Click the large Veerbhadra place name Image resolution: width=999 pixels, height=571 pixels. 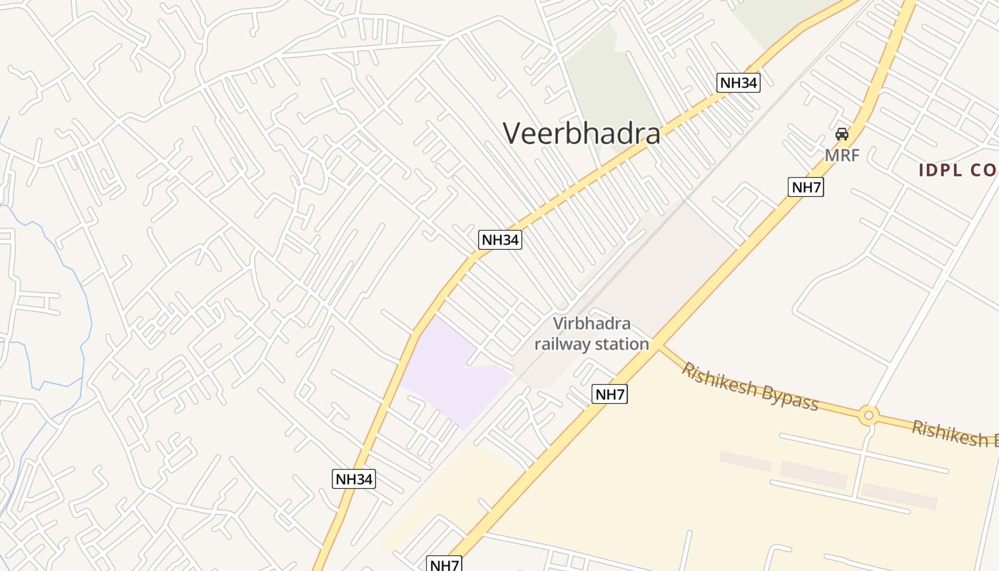581,133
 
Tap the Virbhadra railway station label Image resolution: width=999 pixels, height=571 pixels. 592,334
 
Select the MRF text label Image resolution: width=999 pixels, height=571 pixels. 842,155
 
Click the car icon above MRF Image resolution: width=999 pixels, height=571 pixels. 842,134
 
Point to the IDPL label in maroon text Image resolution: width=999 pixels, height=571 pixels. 957,171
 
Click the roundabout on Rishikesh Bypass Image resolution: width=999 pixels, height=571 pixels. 868,415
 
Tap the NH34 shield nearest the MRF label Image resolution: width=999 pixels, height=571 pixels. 738,83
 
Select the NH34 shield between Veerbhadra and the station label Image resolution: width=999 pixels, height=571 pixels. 499,240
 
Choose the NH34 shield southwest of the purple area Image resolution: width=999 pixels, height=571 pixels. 354,479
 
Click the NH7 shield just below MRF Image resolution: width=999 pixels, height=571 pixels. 806,188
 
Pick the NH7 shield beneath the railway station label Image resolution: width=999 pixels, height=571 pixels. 609,394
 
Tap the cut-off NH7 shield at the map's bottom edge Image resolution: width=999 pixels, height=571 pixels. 444,565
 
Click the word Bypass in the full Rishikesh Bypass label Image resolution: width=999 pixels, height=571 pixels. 789,398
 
